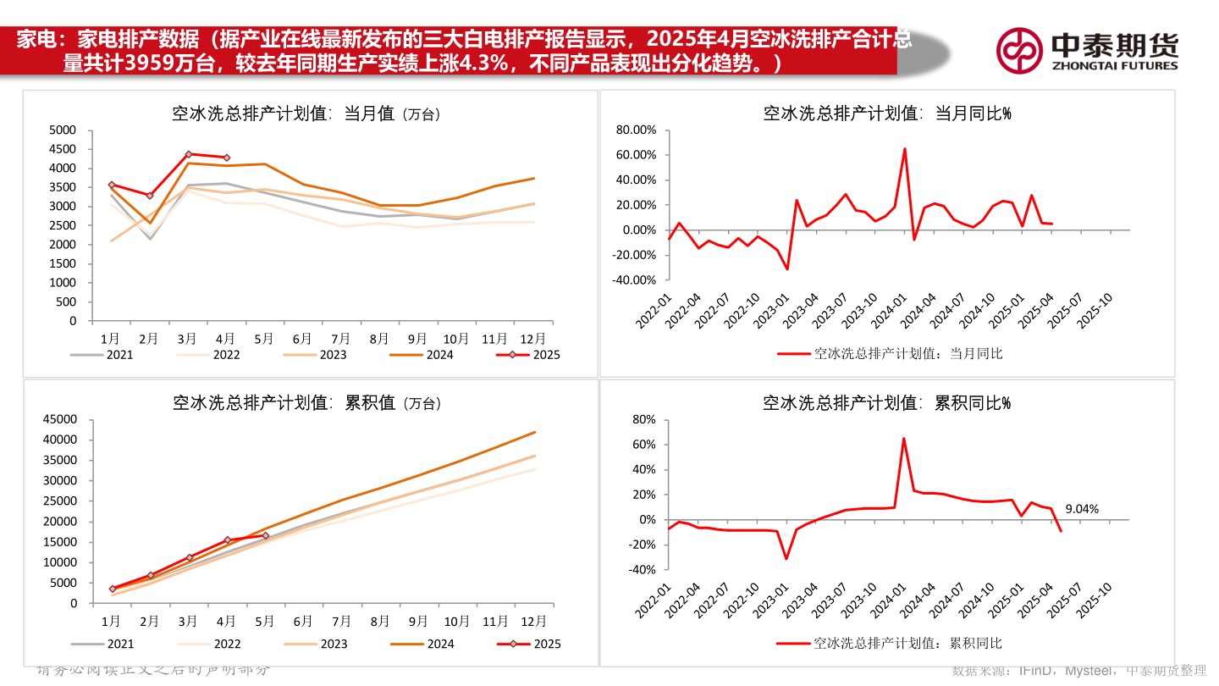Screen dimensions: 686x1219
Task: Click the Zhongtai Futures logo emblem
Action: point(1018,50)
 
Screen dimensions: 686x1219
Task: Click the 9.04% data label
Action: point(1082,509)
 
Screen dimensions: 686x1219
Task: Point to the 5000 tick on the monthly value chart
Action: point(63,130)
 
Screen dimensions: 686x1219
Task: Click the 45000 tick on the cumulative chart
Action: point(59,419)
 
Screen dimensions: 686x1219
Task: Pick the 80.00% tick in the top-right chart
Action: point(637,130)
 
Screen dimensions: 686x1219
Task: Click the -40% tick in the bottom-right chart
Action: point(644,569)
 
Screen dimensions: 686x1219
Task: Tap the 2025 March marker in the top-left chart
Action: point(188,154)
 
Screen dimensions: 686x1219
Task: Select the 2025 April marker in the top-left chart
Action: point(226,158)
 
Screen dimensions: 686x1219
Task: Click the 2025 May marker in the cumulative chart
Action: point(265,535)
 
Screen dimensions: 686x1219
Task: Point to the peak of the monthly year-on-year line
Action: point(904,149)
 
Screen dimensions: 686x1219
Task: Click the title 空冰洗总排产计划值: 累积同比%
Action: point(886,403)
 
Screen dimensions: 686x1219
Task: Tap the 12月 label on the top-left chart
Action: point(533,339)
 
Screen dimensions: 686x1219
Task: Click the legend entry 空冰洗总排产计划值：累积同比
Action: point(889,644)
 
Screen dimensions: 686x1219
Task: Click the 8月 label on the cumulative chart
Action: point(380,621)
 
